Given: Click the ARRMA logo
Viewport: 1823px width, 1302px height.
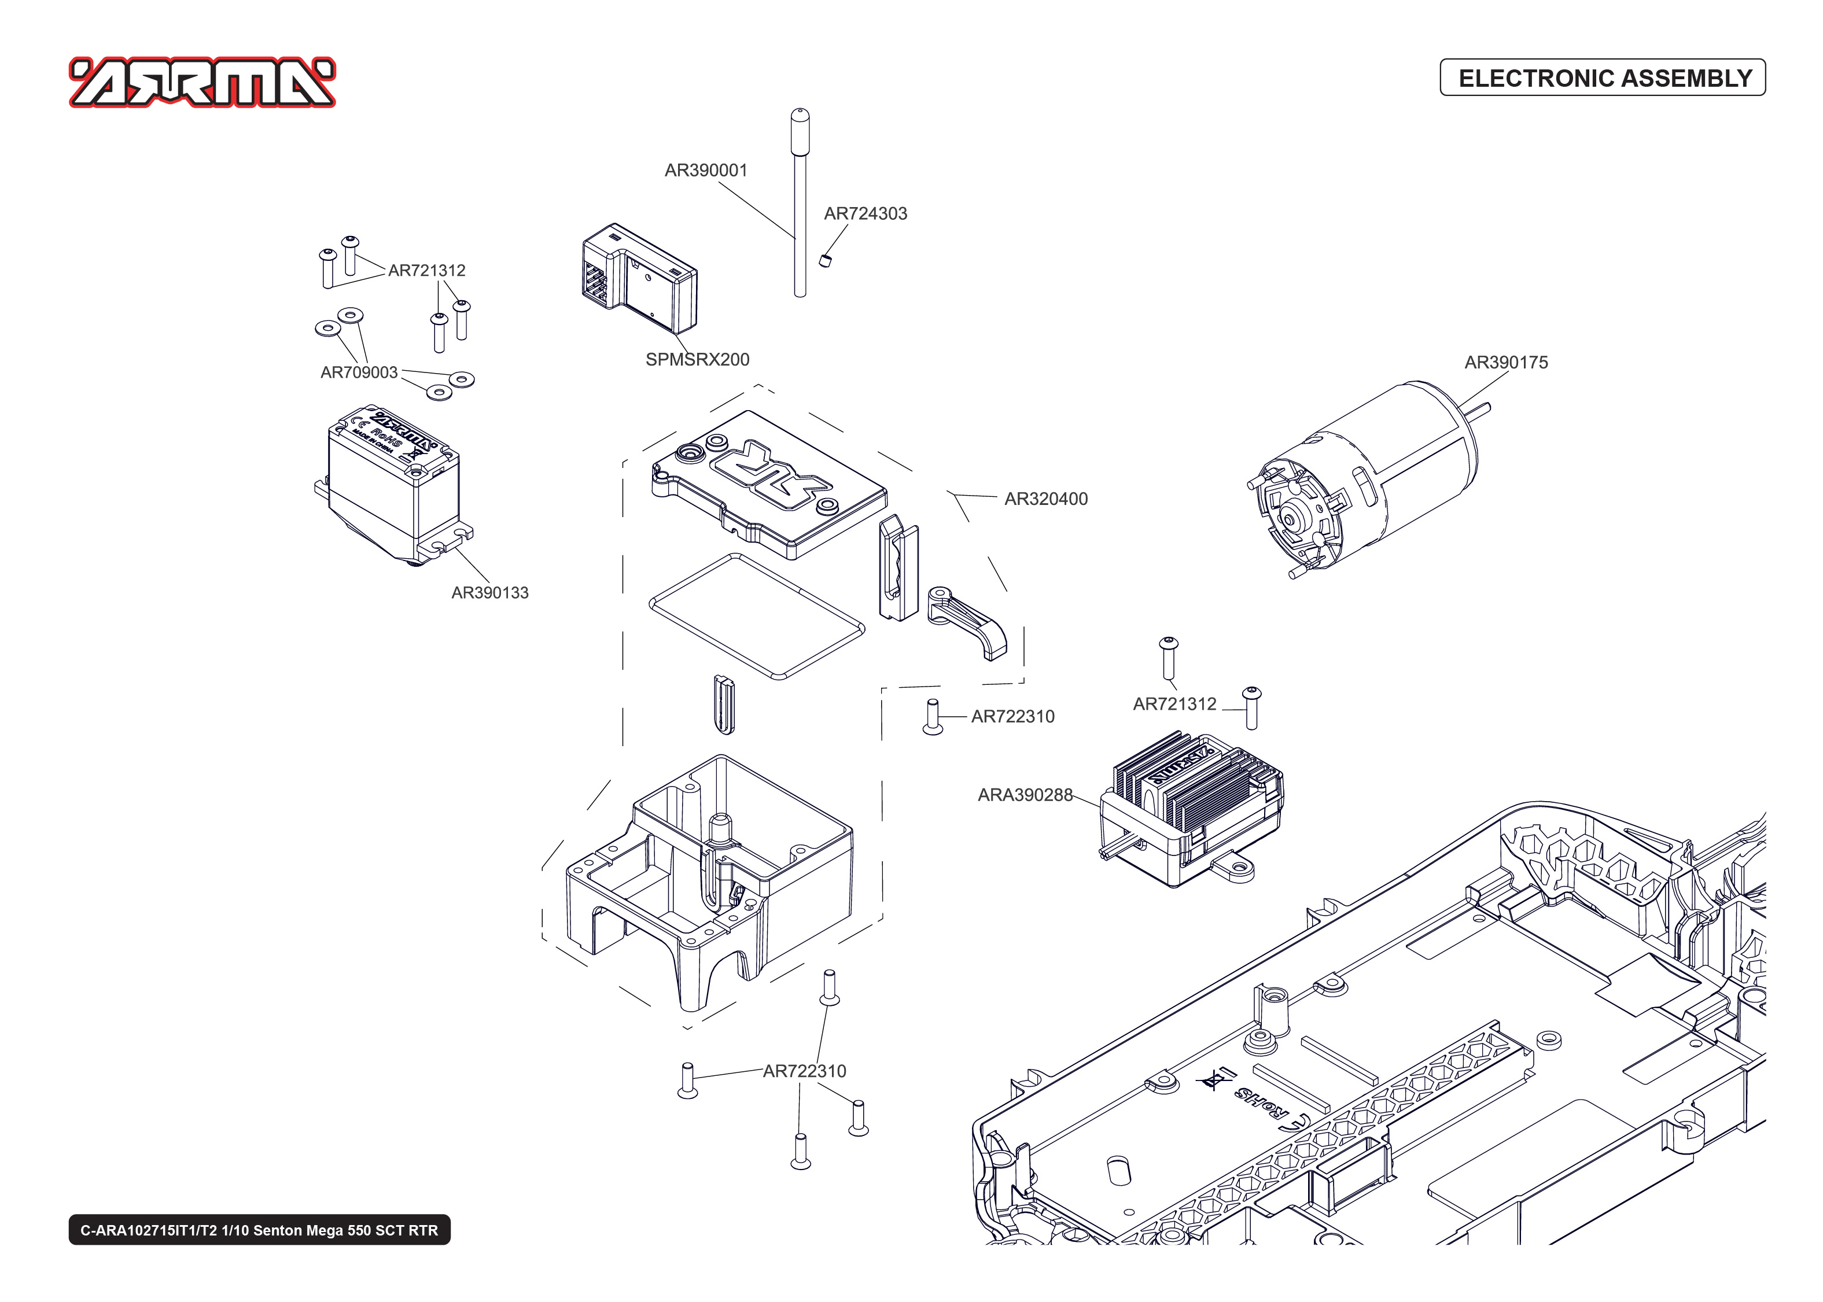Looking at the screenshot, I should (202, 82).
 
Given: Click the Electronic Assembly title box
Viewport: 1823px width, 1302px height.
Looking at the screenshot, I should (1603, 78).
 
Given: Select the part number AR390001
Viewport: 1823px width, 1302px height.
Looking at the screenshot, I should (705, 170).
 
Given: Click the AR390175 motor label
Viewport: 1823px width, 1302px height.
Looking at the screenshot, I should (1505, 363).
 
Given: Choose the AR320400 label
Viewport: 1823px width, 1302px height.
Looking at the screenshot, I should (1045, 499).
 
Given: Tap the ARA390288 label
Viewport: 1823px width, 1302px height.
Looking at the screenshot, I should (1025, 795).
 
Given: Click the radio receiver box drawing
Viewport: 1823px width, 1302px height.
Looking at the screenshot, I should (639, 278).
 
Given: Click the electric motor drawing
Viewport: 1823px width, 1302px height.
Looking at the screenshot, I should (1363, 481).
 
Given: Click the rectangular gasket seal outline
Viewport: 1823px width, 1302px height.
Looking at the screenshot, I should (756, 616).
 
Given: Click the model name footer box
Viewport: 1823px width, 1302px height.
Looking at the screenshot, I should (259, 1230).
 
